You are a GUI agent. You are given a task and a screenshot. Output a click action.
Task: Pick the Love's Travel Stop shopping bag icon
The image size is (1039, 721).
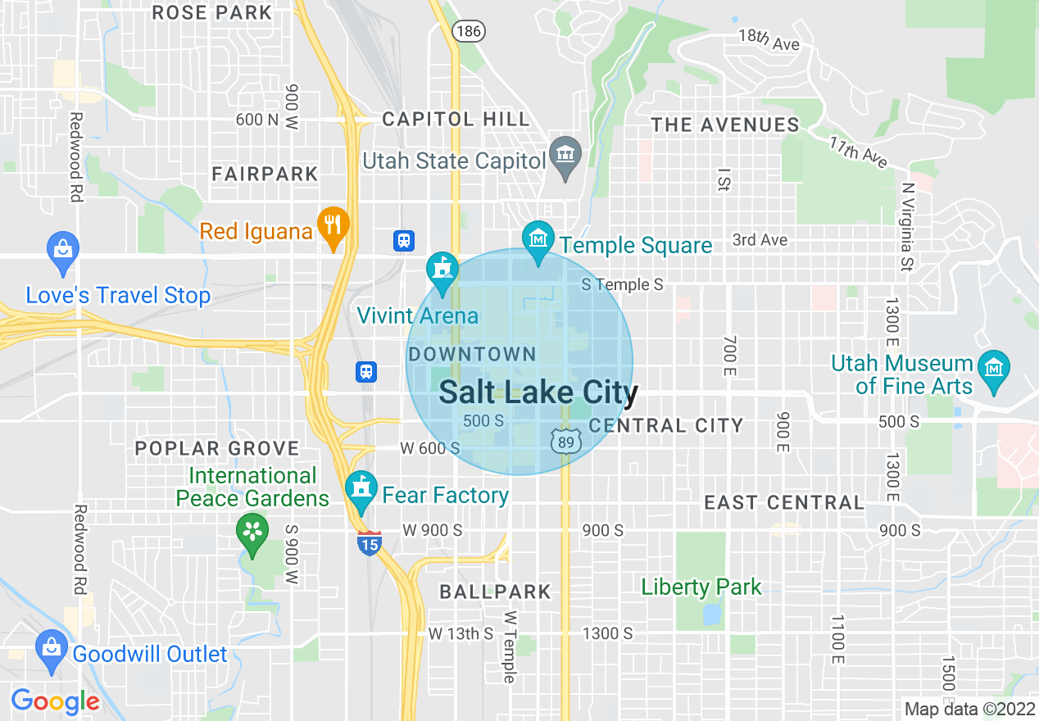[63, 251]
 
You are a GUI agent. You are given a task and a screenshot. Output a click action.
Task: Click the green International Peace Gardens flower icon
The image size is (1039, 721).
[253, 533]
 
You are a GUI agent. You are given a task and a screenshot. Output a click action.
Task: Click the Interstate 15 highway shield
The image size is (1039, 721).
[370, 542]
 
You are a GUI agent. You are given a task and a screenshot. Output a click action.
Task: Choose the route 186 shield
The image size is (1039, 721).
[469, 31]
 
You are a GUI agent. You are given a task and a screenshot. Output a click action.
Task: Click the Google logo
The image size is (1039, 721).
[55, 701]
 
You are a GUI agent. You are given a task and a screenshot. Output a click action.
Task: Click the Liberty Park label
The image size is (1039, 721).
[701, 587]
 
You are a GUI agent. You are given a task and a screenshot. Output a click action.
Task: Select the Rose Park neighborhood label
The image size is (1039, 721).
[212, 12]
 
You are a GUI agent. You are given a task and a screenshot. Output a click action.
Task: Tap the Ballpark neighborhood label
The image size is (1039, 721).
[495, 592]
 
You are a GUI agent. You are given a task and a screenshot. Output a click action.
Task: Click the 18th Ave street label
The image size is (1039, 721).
[769, 39]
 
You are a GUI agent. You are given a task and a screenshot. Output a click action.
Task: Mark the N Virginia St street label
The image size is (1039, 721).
[907, 226]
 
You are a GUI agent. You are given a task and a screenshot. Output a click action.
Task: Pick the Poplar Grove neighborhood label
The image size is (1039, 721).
[217, 448]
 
